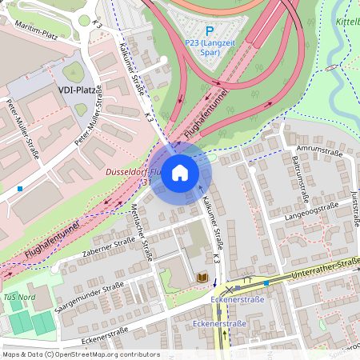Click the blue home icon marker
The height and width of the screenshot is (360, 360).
[x=180, y=173]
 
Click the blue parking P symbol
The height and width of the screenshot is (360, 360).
[x=210, y=30]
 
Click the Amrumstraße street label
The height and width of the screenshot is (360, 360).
[x=318, y=150]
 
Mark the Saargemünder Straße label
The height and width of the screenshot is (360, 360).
[x=90, y=298]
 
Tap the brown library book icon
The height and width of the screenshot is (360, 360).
[x=202, y=278]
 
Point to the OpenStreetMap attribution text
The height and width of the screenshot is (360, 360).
[x=80, y=354]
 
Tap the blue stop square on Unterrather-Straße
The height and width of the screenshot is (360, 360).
[x=266, y=283]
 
